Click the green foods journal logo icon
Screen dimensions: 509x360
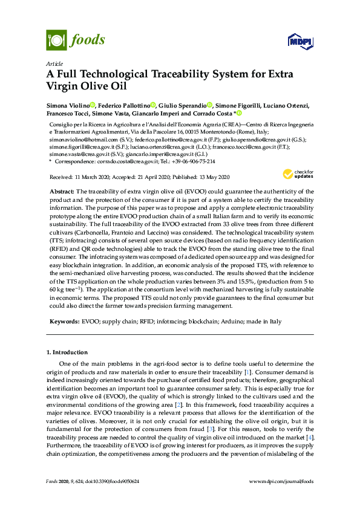56,41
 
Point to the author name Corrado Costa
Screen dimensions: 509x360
214,113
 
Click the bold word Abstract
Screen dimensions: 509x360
61,191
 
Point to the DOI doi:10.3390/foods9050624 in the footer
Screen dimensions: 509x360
110,481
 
